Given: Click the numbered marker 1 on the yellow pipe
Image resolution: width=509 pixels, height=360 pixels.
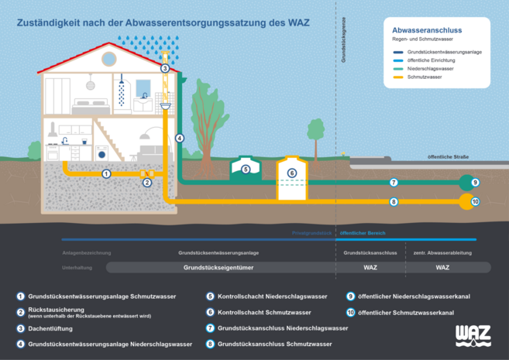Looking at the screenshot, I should (106, 173).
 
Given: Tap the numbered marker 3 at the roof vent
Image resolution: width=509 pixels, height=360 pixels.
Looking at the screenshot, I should (164, 69).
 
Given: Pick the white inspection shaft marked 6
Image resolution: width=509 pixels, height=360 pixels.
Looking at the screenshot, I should (291, 174).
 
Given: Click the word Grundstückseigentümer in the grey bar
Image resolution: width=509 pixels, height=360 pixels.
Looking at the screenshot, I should (218, 267).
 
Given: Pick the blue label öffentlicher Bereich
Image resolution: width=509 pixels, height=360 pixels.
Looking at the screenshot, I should (363, 233).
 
